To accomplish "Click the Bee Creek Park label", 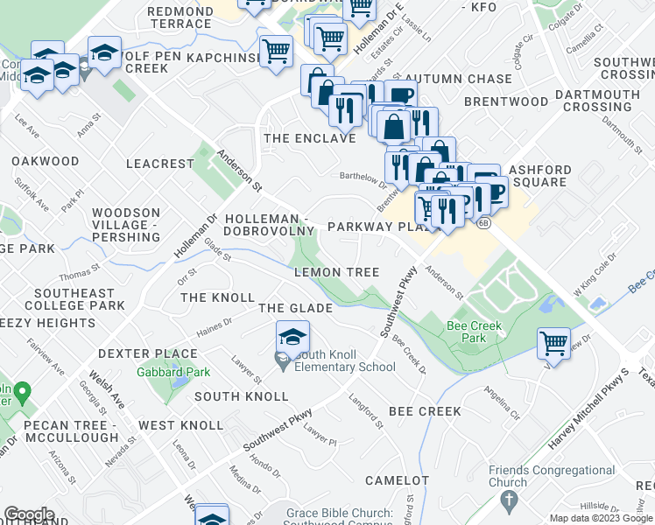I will pyautogui.click(x=468, y=331).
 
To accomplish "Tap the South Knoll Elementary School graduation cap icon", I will pyautogui.click(x=292, y=337).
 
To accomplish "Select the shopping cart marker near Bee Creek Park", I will pyautogui.click(x=553, y=342).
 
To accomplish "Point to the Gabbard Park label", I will pyautogui.click(x=173, y=372).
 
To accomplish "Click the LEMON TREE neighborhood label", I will pyautogui.click(x=336, y=273).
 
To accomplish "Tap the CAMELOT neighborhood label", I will pyautogui.click(x=397, y=480).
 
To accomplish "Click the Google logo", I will pyautogui.click(x=29, y=514).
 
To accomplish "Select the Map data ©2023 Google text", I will pyautogui.click(x=600, y=518).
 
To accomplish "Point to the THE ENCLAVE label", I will pyautogui.click(x=310, y=138).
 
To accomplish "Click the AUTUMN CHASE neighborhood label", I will pyautogui.click(x=457, y=79).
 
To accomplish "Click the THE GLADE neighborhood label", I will pyautogui.click(x=295, y=308).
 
